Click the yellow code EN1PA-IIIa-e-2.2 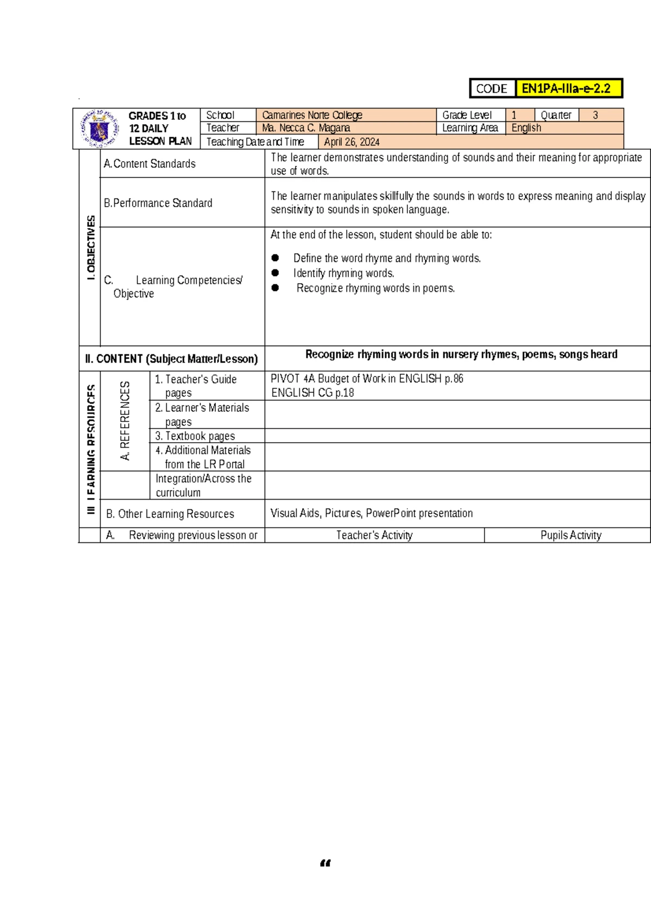point(566,88)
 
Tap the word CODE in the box point(492,89)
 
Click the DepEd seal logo point(99,129)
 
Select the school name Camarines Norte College point(312,115)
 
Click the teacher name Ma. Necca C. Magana point(306,128)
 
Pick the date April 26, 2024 point(352,142)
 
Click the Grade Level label point(467,115)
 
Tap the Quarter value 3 point(596,115)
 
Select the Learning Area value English point(526,128)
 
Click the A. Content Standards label point(150,164)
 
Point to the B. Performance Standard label point(158,203)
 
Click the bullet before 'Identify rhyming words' point(276,273)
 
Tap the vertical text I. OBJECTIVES point(91,247)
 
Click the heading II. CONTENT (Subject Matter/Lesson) point(171,359)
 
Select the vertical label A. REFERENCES point(125,421)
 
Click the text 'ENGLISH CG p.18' point(312,393)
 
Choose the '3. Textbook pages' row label point(195,436)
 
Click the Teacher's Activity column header point(374,535)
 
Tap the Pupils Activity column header point(571,535)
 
